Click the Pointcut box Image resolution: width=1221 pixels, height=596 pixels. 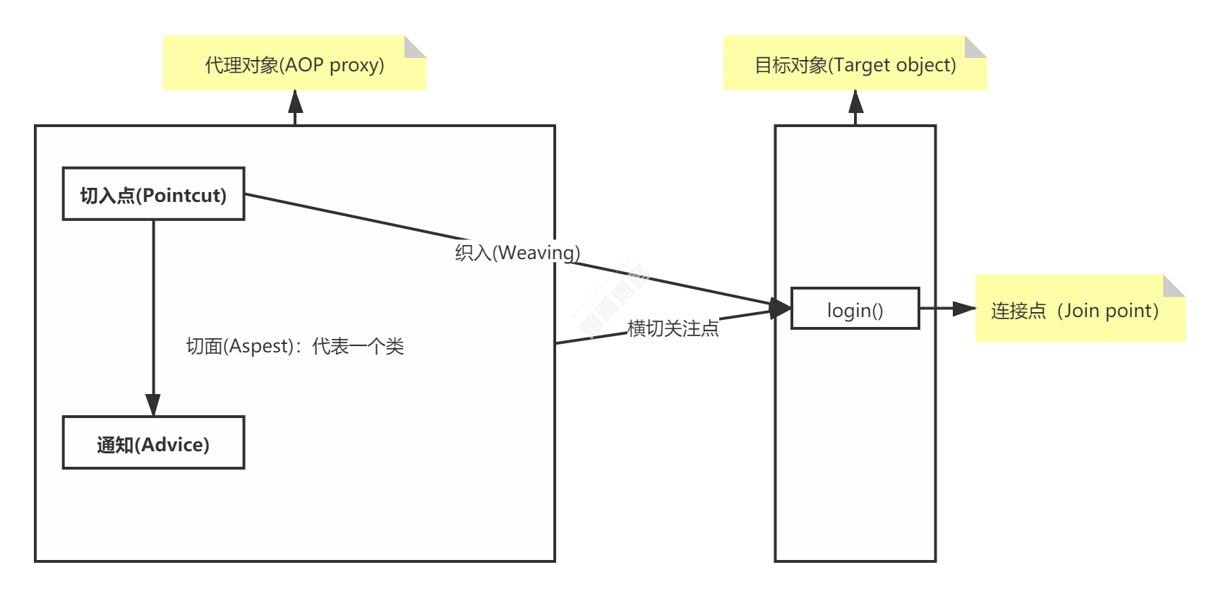point(153,194)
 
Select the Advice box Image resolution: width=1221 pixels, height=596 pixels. point(153,443)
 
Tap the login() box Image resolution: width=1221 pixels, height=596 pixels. point(855,309)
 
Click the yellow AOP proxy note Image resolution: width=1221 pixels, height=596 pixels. point(294,64)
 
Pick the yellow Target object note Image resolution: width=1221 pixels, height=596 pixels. point(855,64)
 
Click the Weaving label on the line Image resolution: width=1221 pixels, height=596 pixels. point(517,253)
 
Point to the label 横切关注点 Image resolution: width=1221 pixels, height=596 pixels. point(673,328)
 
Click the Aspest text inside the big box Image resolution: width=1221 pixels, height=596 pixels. point(294,346)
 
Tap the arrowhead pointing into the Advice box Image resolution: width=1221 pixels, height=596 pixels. point(153,405)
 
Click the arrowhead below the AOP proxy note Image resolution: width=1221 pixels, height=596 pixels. point(296,102)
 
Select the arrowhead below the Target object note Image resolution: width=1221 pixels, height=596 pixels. point(855,102)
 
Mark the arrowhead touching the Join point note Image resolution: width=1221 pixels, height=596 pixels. point(964,309)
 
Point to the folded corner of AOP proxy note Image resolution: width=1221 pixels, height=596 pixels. point(414,47)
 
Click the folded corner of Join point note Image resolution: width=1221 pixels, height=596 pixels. point(1173,286)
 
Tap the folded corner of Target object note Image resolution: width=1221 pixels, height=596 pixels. point(975,47)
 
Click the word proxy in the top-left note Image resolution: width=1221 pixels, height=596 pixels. point(356,65)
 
